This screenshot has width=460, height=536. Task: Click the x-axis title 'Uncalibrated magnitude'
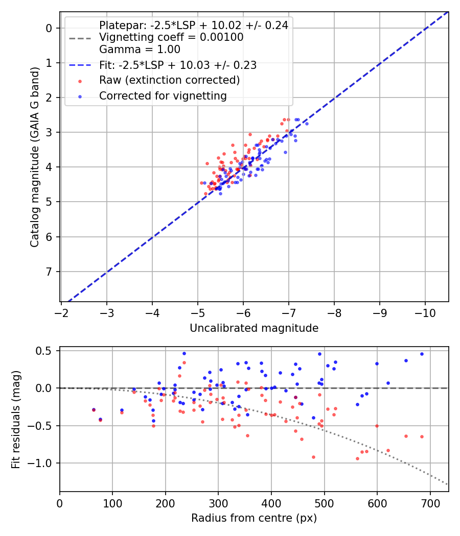(254, 328)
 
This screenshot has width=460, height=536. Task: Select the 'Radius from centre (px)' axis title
(254, 518)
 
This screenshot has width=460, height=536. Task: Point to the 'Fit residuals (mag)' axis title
(16, 420)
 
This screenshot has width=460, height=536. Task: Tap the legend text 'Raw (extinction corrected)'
(169, 80)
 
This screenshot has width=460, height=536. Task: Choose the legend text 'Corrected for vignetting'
(163, 95)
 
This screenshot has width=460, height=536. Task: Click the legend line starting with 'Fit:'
(178, 65)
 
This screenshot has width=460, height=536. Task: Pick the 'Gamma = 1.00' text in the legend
(140, 50)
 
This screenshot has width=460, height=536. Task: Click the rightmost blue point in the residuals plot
(422, 354)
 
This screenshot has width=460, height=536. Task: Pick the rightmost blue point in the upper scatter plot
(307, 124)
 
